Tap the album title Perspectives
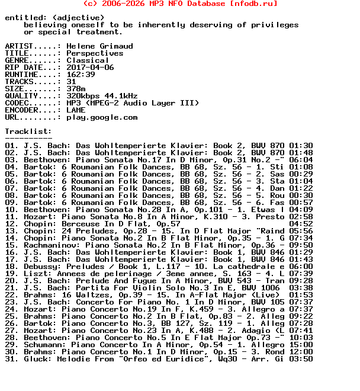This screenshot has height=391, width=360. (95, 53)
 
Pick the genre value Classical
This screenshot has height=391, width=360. (88, 60)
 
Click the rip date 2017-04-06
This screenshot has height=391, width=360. (90, 68)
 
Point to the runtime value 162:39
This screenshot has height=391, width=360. (81, 75)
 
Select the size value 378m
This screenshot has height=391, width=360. (76, 89)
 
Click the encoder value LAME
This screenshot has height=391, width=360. (76, 110)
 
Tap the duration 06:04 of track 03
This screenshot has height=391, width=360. (301, 160)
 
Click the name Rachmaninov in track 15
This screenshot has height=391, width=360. (50, 245)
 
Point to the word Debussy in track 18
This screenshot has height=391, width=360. (40, 267)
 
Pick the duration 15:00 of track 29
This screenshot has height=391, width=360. (301, 345)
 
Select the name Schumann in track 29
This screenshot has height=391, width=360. (43, 345)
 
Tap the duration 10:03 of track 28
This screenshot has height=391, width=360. (301, 338)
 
